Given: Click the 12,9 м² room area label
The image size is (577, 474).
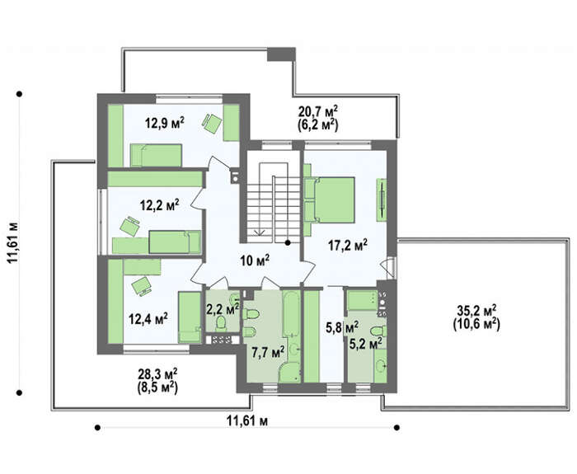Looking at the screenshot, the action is [165, 123].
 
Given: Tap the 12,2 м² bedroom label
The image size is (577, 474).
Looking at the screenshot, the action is [160, 204].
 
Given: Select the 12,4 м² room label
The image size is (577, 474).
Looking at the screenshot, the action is [148, 318].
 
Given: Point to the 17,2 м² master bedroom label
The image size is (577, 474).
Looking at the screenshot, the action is [348, 245].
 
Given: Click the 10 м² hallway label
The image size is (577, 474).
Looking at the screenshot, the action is [255, 261].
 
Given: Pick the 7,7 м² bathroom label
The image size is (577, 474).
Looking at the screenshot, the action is [268, 352].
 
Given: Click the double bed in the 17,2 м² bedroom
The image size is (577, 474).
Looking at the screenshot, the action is [330, 199].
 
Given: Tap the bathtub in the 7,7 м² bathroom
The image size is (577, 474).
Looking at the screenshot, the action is [290, 313].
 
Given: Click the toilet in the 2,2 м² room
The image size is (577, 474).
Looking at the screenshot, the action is [221, 323].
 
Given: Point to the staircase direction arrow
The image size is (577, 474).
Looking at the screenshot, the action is [260, 230].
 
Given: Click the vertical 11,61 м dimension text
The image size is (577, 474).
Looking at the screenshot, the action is [14, 243].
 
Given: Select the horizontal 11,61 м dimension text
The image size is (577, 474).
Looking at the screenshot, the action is [247, 420].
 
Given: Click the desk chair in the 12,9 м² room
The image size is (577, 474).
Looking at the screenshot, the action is [213, 124].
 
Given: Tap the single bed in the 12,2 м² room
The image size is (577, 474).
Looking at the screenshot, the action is [175, 242].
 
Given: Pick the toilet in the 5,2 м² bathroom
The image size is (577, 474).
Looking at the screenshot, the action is [378, 331].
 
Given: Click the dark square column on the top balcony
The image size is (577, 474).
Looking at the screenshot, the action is [281, 54].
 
